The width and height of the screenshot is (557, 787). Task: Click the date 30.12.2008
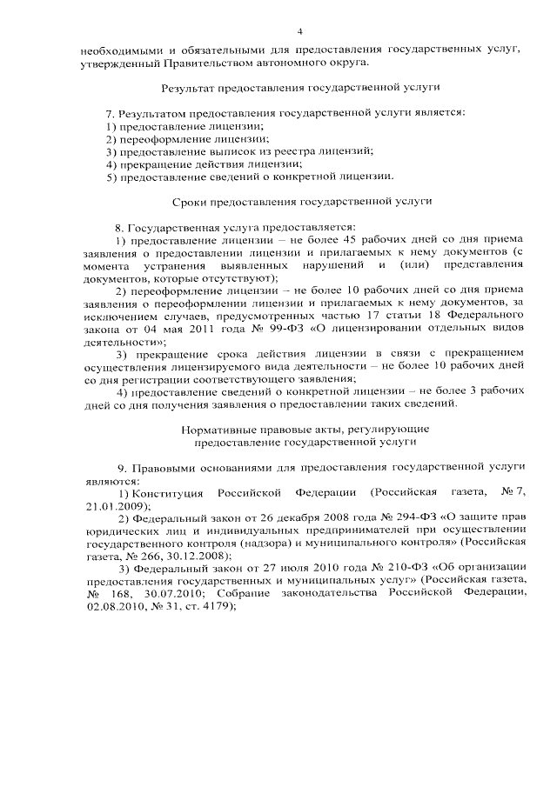[x=203, y=555]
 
